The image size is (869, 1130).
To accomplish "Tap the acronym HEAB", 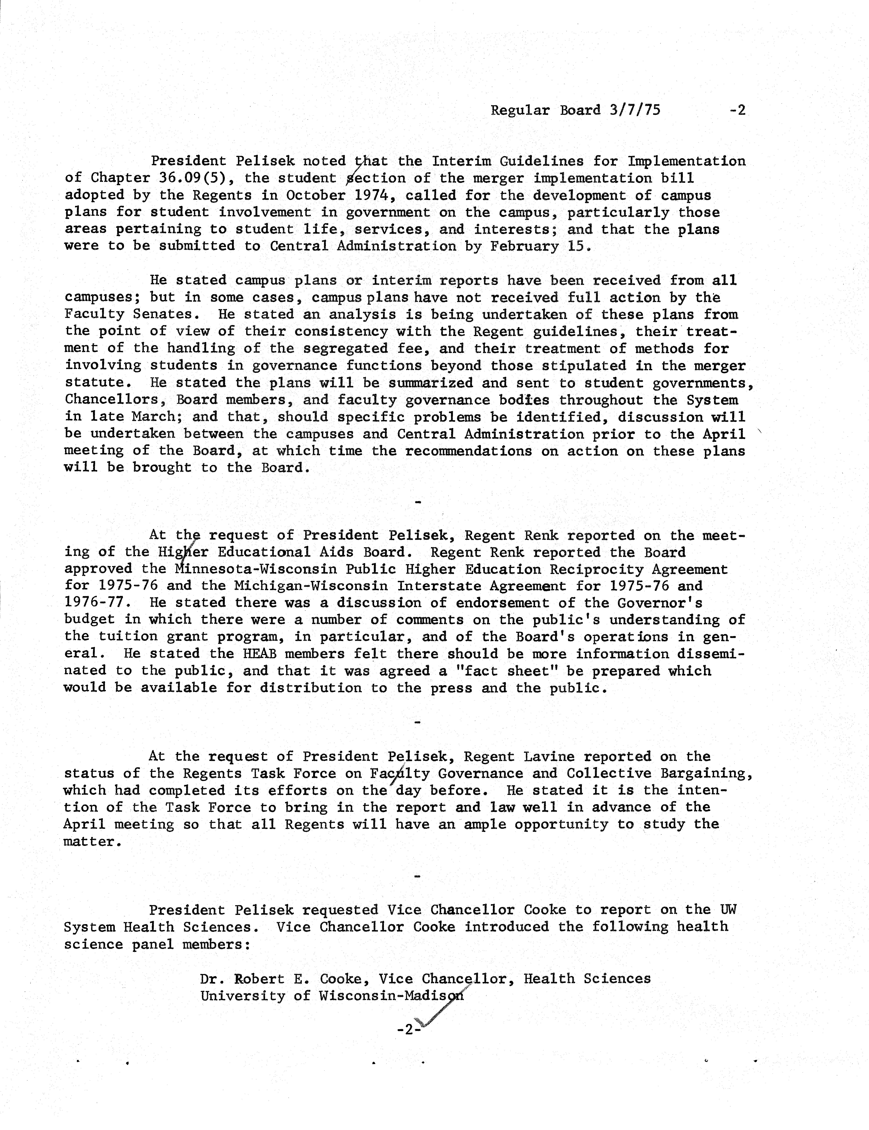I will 259,654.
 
